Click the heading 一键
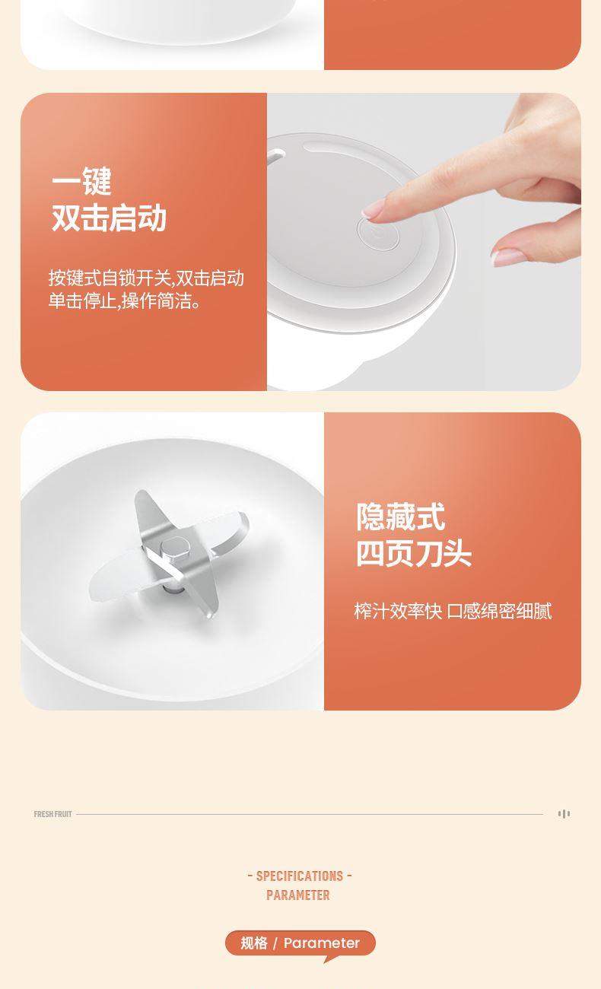81,181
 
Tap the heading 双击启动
109,218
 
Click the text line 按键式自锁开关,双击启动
146,278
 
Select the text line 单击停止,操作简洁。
124,301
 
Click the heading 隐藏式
400,517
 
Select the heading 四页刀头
414,553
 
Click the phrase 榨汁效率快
398,612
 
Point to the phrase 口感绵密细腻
499,612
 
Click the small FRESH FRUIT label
52,814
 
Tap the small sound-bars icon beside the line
564,814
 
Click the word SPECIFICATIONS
300,876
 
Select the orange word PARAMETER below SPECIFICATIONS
298,895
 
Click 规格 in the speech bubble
254,943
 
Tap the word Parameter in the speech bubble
322,943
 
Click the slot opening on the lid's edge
278,155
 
